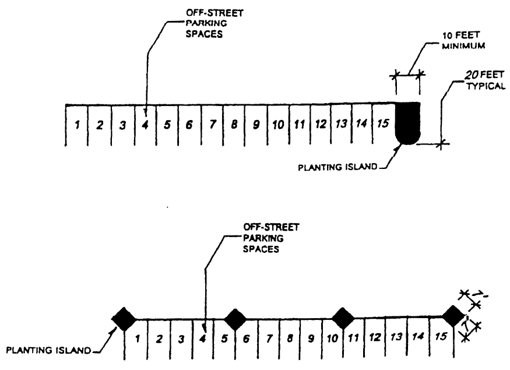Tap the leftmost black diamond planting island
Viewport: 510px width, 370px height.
[x=124, y=319]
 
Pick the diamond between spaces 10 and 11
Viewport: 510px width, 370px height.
[x=343, y=319]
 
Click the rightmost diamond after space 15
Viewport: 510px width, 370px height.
[x=452, y=317]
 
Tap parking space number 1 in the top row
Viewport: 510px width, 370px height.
[x=77, y=124]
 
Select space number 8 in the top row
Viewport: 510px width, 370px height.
[x=234, y=124]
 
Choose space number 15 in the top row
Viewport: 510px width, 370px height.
[x=382, y=123]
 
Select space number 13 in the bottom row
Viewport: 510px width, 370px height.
[x=396, y=336]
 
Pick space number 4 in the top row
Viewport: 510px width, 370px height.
[x=145, y=124]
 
